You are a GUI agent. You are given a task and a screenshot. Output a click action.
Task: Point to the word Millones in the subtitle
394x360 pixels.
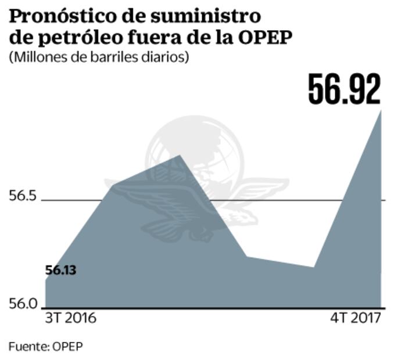(34, 58)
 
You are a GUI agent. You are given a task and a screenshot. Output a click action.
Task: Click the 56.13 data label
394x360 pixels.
(62, 270)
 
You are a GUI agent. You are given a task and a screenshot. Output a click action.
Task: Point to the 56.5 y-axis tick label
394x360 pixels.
(22, 196)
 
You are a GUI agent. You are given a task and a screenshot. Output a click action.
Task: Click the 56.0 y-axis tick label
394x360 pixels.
(22, 304)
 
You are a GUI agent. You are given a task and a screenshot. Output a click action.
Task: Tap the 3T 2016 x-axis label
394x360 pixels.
(71, 319)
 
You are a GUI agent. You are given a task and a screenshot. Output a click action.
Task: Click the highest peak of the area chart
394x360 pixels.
(381, 110)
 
